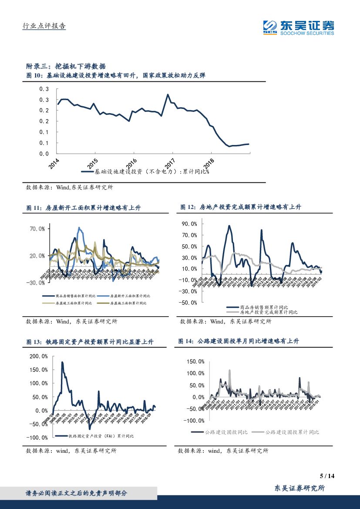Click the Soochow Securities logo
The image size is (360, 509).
click(299, 27)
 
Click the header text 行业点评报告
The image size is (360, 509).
click(44, 26)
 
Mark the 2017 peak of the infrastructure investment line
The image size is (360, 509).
click(168, 94)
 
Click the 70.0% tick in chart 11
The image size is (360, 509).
click(37, 229)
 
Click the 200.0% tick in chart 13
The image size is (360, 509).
click(39, 356)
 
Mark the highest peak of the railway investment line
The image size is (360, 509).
click(62, 362)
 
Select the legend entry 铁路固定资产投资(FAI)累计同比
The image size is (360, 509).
click(101, 436)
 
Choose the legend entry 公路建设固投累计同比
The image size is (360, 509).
click(292, 432)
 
